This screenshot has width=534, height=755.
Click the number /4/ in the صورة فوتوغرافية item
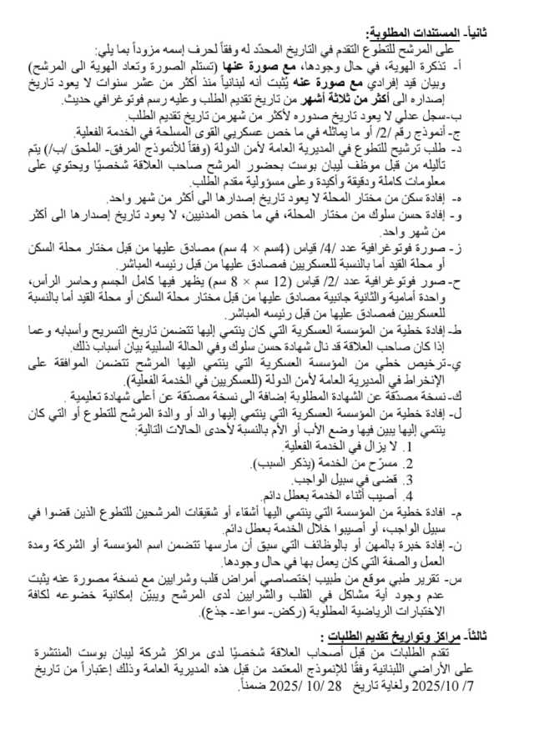coord(373,249)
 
